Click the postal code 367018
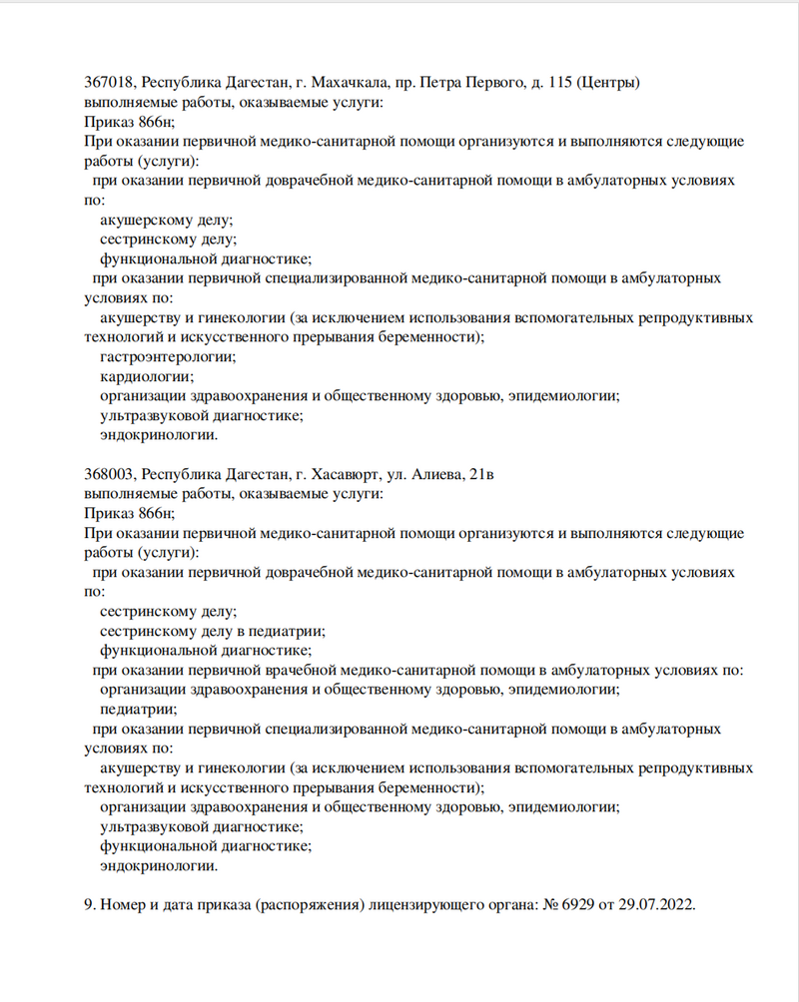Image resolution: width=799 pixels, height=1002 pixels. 109,82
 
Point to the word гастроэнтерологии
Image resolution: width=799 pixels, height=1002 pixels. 168,356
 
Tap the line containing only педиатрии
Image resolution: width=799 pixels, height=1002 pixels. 139,710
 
